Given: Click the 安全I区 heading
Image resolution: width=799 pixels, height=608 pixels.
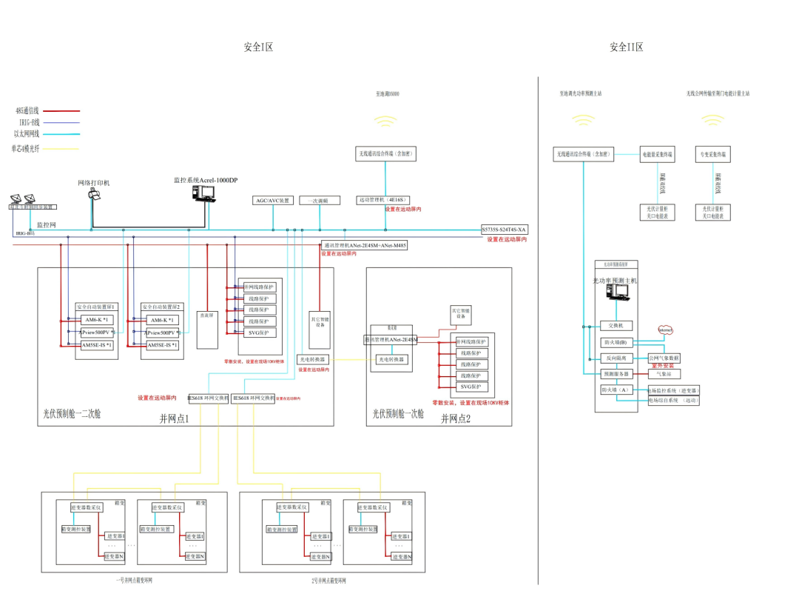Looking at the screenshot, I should pos(258,47).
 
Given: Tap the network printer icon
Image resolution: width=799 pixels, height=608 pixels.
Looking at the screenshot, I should pos(94,193).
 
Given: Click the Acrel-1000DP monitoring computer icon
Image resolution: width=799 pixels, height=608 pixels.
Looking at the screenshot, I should pos(203,193).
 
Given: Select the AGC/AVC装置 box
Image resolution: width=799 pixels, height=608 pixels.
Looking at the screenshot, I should pos(273,201).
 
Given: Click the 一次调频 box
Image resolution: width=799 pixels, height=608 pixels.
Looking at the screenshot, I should pos(320,201).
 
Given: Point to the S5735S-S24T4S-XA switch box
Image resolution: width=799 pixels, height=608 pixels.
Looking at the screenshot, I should pos(504,229).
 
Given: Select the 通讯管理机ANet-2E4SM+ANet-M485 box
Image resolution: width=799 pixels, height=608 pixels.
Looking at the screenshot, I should pos(364,245).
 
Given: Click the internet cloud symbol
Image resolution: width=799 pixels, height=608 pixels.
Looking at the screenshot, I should pos(666,330).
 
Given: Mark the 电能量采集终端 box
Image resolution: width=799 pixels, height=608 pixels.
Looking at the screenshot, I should pos(657,155).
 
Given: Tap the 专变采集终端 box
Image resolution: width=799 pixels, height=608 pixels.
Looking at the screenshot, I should pos(713,155).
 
